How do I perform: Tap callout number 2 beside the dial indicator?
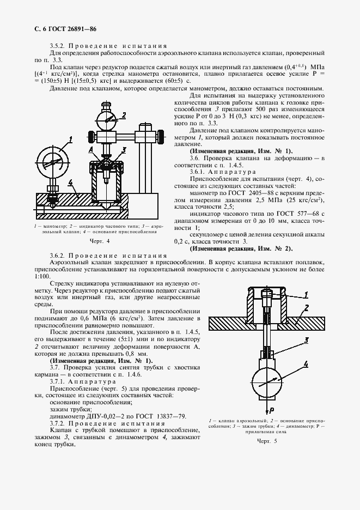pos(125,114)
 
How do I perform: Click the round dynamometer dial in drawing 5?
pos(267,380)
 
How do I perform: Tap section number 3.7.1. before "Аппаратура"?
pos(59,381)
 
